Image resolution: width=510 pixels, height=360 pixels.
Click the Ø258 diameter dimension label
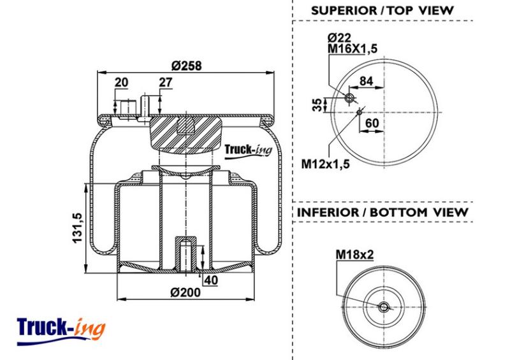coord(187,66)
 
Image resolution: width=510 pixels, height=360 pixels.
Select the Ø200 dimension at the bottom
coord(186,292)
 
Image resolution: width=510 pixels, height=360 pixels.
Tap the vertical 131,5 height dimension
coord(78,227)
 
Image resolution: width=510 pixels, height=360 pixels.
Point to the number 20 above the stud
coord(121,82)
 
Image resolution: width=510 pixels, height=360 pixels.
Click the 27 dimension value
coord(165,82)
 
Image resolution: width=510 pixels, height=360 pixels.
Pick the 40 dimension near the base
coord(211,280)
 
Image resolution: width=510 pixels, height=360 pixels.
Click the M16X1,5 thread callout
coord(353,49)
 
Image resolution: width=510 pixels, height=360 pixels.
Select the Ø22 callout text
coord(339,38)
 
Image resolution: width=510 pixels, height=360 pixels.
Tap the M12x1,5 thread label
coord(326,164)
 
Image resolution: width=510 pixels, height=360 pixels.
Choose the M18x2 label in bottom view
coord(355,254)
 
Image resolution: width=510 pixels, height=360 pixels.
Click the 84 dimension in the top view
coord(366,81)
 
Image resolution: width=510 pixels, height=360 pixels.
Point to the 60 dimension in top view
coord(372,123)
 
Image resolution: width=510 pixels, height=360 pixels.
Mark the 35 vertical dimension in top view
coord(317,104)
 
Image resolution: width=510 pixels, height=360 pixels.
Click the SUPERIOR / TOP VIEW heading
coord(382,11)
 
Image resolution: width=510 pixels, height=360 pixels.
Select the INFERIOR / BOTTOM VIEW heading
coord(382,212)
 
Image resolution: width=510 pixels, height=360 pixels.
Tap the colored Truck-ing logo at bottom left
coord(61,331)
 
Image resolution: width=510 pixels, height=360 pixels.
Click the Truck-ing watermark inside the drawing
coord(248,151)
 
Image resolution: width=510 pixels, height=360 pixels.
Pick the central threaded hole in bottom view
coord(384,306)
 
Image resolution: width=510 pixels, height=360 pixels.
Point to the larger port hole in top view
coord(350,98)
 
